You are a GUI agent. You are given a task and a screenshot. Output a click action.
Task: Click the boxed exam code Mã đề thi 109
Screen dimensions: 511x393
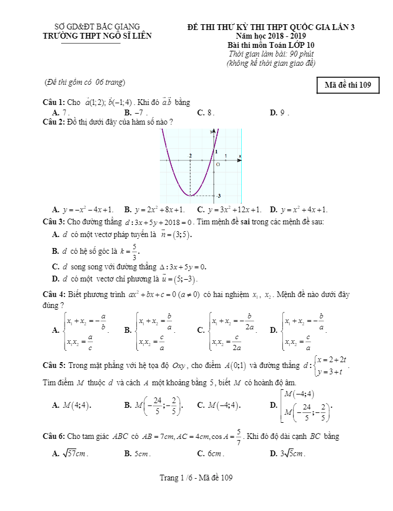coord(347,85)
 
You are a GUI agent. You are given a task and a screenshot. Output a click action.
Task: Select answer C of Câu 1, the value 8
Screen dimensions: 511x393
coord(206,113)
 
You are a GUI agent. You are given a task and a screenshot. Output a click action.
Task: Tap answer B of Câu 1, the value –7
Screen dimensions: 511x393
coord(136,113)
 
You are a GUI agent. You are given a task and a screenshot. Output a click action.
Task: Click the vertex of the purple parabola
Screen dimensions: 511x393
coord(190,196)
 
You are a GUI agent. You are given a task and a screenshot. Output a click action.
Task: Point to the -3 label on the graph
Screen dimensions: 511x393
coord(219,197)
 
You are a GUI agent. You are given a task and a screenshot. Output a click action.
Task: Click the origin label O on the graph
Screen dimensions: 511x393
coord(218,164)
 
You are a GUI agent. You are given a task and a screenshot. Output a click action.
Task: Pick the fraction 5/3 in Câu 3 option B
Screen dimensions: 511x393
coord(135,251)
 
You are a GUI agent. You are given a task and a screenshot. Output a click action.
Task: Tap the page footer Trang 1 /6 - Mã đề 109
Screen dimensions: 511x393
coord(196,478)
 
